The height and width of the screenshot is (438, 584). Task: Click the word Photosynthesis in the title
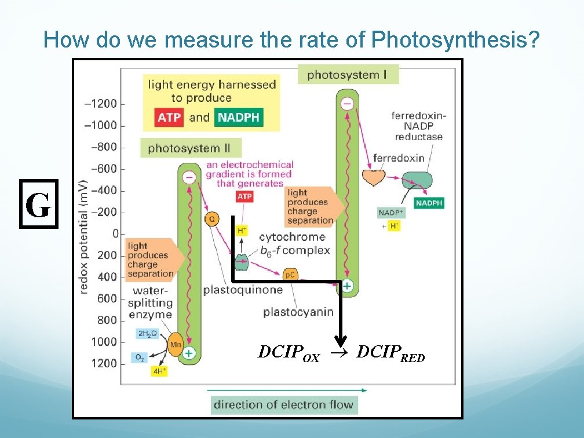pyautogui.click(x=456, y=40)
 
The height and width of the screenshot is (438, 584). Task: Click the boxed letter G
pyautogui.click(x=39, y=205)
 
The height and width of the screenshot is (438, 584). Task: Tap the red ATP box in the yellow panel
pyautogui.click(x=169, y=118)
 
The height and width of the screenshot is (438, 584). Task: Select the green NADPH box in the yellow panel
pyautogui.click(x=238, y=118)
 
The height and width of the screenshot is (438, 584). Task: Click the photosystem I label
pyautogui.click(x=348, y=74)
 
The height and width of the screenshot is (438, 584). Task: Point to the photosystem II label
pyautogui.click(x=189, y=148)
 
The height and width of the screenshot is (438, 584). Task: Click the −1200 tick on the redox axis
pyautogui.click(x=101, y=104)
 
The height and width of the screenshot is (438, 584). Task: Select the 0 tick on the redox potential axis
pyautogui.click(x=115, y=233)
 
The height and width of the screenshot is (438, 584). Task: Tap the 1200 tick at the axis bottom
pyautogui.click(x=104, y=363)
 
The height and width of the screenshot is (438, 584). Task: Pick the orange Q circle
pyautogui.click(x=212, y=219)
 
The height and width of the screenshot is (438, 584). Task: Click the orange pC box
pyautogui.click(x=290, y=274)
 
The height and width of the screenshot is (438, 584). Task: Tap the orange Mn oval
pyautogui.click(x=176, y=345)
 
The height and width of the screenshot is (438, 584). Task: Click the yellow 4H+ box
pyautogui.click(x=158, y=371)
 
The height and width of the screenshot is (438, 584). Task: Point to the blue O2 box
pyautogui.click(x=140, y=357)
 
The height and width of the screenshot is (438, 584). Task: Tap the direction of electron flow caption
pyautogui.click(x=284, y=404)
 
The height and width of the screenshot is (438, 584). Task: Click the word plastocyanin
pyautogui.click(x=298, y=312)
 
